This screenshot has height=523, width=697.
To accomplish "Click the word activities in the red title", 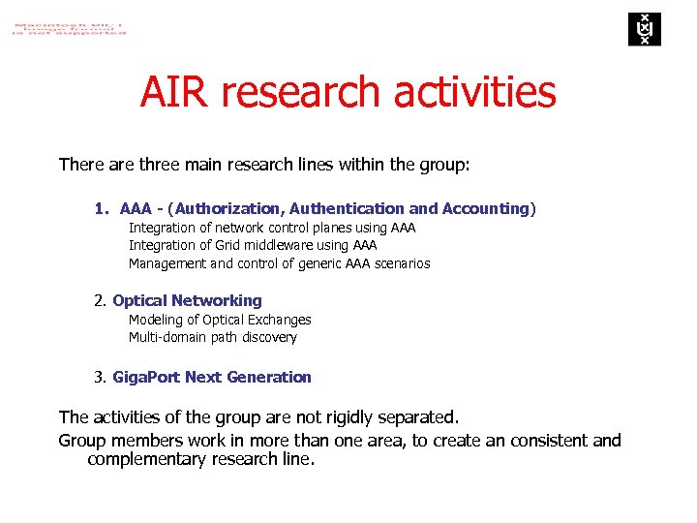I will pyautogui.click(x=475, y=93).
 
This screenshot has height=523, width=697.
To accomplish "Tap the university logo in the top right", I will pyautogui.click(x=642, y=29).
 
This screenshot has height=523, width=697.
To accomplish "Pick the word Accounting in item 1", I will pyautogui.click(x=485, y=209).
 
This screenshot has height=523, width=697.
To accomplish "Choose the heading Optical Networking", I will pyautogui.click(x=187, y=301).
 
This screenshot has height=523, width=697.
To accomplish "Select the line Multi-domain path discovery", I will pyautogui.click(x=213, y=338).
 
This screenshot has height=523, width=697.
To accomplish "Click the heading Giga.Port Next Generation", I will pyautogui.click(x=212, y=378).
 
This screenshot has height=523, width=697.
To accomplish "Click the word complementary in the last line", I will pyautogui.click(x=151, y=459).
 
